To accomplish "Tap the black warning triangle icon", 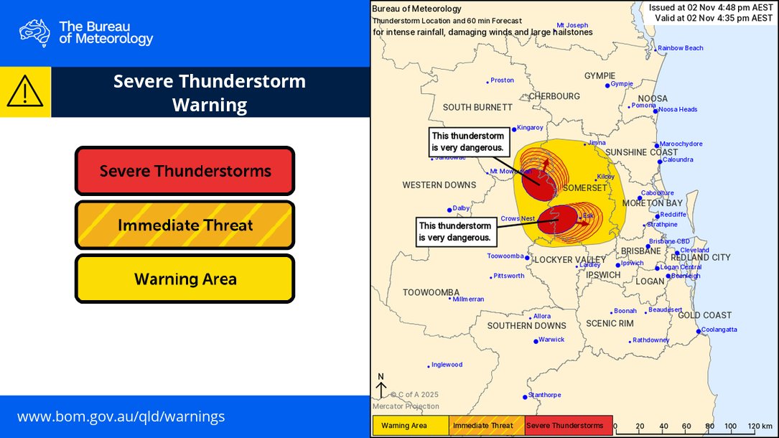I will (x=25, y=92).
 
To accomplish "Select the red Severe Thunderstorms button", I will (x=185, y=171).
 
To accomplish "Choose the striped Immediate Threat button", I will (x=185, y=225).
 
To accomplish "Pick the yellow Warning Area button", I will (x=185, y=279).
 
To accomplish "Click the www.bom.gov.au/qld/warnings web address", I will (x=121, y=416).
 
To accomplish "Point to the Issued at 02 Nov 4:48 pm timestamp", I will (x=710, y=7).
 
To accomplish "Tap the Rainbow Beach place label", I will (x=680, y=48).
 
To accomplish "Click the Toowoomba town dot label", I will (x=505, y=256).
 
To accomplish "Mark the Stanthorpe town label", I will (x=544, y=395).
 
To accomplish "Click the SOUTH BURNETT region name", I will (x=477, y=107).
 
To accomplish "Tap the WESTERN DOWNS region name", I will (x=439, y=185).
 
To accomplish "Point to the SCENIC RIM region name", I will (x=610, y=324).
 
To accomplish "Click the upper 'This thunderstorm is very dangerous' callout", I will (x=470, y=141).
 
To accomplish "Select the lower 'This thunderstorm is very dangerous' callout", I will (x=456, y=231).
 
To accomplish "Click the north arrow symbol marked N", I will (x=381, y=386).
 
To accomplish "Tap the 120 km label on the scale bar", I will (x=760, y=426).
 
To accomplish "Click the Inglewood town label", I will (x=447, y=365).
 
